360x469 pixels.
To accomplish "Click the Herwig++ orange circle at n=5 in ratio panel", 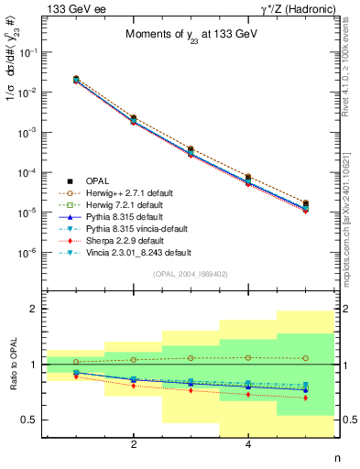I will click(x=305, y=358).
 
